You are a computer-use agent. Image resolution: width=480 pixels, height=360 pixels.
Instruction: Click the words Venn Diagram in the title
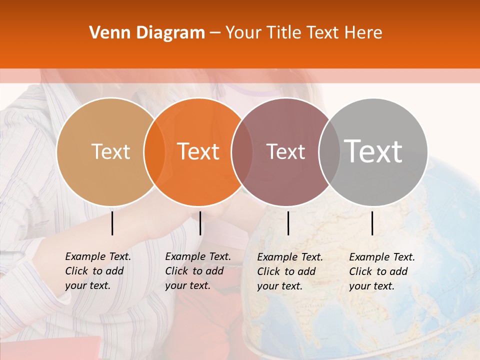pos(147,33)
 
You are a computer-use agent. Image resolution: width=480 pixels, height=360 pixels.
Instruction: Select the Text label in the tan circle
pos(111,151)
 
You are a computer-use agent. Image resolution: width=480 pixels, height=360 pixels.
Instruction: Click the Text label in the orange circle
pos(198,151)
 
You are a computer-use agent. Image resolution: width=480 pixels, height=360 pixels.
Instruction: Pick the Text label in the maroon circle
pos(285,151)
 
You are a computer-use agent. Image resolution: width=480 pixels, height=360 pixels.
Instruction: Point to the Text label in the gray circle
pos(373,151)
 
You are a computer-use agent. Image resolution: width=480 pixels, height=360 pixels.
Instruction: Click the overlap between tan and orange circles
pos(154,151)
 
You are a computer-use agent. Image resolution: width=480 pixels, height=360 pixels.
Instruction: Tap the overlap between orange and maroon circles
pos(241,151)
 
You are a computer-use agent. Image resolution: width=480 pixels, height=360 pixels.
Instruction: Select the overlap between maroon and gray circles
pos(329,151)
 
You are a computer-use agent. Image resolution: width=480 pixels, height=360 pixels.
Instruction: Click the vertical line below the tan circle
pos(112,223)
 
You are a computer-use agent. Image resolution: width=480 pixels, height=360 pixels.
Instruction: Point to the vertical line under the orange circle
pos(200,223)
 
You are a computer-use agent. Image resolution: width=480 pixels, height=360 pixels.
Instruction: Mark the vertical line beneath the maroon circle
pos(288,223)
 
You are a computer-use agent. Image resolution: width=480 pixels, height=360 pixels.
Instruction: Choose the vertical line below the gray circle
pos(372,223)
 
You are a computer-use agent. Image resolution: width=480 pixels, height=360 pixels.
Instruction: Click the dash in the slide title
pos(215,33)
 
